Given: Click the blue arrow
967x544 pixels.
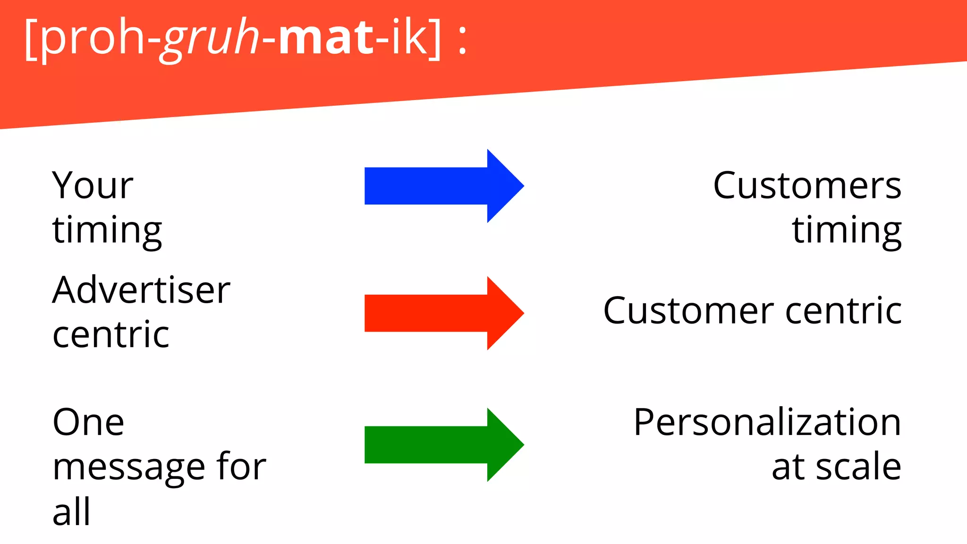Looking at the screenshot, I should pyautogui.click(x=444, y=186).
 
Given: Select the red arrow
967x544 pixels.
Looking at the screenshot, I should pyautogui.click(x=444, y=313).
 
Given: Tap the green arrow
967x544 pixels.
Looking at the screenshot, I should pyautogui.click(x=444, y=445).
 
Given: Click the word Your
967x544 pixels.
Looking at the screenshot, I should pyautogui.click(x=93, y=185).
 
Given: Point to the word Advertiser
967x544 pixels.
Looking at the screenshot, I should pyautogui.click(x=141, y=290).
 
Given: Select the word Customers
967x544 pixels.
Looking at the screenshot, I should pyautogui.click(x=807, y=185).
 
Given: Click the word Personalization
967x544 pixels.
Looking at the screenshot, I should pyautogui.click(x=767, y=422).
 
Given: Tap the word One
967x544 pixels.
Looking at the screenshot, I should pyautogui.click(x=88, y=422).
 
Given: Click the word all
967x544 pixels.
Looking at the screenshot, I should pyautogui.click(x=71, y=511).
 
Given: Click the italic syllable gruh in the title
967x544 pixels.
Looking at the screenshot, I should pyautogui.click(x=211, y=38).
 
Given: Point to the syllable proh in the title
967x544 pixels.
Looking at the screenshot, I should pyautogui.click(x=93, y=38).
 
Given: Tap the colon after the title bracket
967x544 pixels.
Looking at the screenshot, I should pyautogui.click(x=462, y=40).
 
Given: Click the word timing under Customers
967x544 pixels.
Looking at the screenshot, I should pyautogui.click(x=847, y=230).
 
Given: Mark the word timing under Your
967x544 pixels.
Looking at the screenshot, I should pyautogui.click(x=107, y=230).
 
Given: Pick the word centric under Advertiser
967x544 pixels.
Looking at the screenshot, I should pyautogui.click(x=111, y=334).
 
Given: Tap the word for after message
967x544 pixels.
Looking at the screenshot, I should pyautogui.click(x=241, y=467).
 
